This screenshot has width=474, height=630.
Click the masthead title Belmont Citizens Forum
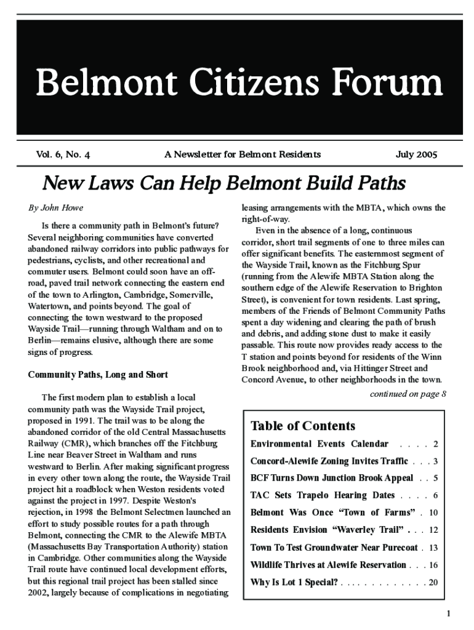pos(239,83)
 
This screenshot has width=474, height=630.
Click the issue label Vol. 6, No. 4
pos(63,154)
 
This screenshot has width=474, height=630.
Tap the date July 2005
pos(416,154)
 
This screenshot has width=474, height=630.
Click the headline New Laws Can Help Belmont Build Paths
pos(223,183)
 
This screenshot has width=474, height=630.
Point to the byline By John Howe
pos(55,208)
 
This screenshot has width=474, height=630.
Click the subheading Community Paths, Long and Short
pos(98,375)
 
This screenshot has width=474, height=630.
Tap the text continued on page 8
pos(408,394)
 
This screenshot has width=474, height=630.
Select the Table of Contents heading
pos(303,426)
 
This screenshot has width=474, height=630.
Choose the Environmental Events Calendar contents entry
pos(319,444)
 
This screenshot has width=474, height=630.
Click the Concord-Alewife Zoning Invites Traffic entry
pos(329,461)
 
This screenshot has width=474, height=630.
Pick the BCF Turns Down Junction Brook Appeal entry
pos(331,478)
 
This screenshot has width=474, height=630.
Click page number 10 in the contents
pos(433,512)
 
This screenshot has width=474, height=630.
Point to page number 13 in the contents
pos(433,547)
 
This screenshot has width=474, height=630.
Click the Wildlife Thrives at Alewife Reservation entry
pos(328,564)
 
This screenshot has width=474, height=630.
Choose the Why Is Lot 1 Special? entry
pos(294,581)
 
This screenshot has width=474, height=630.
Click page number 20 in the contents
pos(433,581)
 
